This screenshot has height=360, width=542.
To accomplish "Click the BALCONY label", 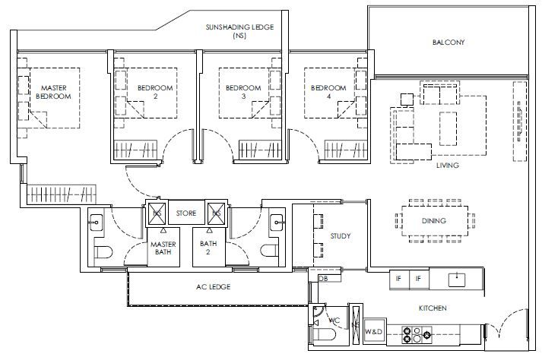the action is pos(448,42).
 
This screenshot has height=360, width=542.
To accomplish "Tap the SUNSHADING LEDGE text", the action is pos(239,27).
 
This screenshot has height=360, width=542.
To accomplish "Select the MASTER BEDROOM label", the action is pos(53,92).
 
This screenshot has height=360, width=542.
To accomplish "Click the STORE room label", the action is pos(186,213).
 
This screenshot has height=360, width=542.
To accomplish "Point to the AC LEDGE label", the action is pos(214,287).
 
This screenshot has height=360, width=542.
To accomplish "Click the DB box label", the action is pos(324,279).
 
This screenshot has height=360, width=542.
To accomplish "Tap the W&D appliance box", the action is pos(374,332).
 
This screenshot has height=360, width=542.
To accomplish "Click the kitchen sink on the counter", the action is pos(457,280).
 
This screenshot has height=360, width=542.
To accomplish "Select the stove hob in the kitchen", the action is pos(417,335).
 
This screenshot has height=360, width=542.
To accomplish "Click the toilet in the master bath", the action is pos(103,252).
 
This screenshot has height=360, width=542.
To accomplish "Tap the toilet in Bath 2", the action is pos(270,251).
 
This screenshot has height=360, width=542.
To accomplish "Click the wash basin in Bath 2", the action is pos(277,222).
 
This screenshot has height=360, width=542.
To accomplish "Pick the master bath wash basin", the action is pos(96,222).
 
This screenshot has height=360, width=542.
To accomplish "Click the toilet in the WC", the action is pos(324,335).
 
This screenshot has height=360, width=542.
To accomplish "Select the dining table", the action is pos(435,221).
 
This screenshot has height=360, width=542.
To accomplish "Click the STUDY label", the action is pos(340,236).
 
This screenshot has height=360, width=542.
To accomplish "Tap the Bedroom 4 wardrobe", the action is pos(345,150).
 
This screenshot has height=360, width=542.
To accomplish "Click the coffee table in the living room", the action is pos(448,128).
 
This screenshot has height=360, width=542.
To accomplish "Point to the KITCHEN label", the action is pos(433,308).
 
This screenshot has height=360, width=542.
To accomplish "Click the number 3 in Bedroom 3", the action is pos(243,96).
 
